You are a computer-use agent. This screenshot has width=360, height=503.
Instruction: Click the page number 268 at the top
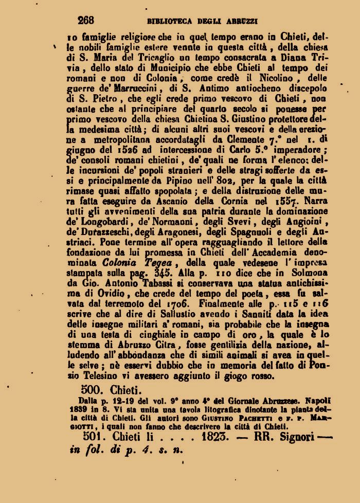[x=85, y=21]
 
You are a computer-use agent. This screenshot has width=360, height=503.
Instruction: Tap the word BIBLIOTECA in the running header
[x=169, y=21]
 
